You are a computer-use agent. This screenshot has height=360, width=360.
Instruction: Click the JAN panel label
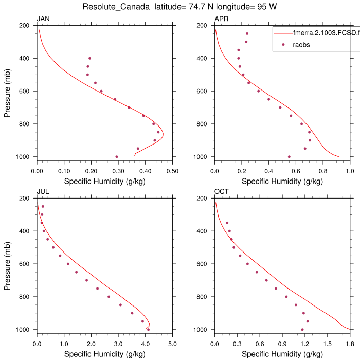click(43, 20)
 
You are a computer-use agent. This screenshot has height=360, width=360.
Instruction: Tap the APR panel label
click(222, 20)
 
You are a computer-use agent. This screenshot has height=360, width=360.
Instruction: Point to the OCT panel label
click(222, 192)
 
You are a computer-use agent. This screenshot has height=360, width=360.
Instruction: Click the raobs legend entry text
click(301, 45)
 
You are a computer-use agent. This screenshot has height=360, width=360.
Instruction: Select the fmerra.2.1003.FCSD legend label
click(324, 33)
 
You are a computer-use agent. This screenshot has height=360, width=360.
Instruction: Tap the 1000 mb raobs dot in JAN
click(117, 156)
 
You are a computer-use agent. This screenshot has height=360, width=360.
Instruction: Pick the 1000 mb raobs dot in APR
click(289, 156)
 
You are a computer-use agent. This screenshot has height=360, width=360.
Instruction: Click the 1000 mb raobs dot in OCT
click(302, 329)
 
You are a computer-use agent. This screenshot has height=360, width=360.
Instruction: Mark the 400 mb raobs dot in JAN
click(89, 58)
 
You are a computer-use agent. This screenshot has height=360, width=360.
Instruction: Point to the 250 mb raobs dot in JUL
click(43, 206)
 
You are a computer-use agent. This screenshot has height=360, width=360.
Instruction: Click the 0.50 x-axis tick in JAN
click(172, 171)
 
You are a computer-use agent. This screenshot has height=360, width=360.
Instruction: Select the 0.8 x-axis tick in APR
click(323, 171)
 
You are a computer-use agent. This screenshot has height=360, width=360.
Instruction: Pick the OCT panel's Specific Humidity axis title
click(282, 354)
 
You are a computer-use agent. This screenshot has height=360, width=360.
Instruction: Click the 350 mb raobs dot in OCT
click(227, 223)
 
